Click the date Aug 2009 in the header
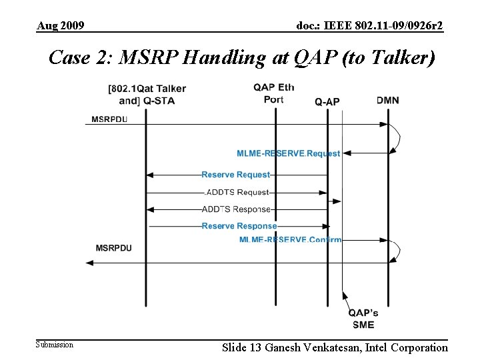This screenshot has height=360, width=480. pos(60,26)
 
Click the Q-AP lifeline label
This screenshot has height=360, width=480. pos(327,101)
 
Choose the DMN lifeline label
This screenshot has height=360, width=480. pos(388,100)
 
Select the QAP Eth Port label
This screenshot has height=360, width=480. pos(273,93)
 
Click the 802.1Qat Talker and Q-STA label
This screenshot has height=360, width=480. pos(147,95)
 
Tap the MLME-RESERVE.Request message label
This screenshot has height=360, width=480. pos(288,153)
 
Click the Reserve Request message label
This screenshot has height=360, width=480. pos(236,175)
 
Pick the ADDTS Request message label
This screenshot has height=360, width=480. pos(237,192)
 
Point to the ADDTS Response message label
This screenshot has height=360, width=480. pos(236,209)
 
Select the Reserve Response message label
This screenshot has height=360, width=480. pos(239,226)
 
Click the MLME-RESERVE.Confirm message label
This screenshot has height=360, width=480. pos(290,239)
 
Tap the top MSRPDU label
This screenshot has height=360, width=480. pos(109,119)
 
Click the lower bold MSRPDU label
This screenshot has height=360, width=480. pos(113,248)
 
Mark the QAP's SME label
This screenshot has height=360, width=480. pos(363,318)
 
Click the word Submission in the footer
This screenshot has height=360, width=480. pos(55,345)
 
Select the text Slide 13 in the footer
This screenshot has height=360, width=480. pos(242,347)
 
